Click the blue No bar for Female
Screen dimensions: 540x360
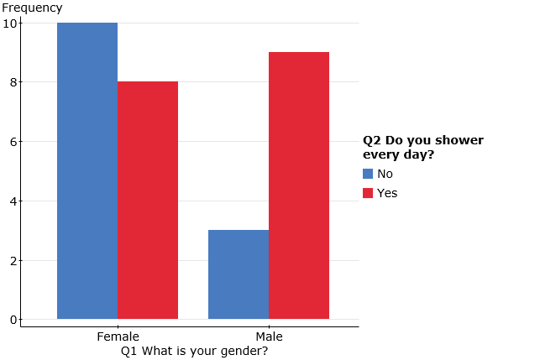(87, 170)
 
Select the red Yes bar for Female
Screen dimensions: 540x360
(148, 201)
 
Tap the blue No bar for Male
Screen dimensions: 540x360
(239, 274)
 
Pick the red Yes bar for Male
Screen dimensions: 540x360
(299, 185)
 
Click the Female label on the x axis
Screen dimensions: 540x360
(118, 337)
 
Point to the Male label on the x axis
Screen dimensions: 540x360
(270, 337)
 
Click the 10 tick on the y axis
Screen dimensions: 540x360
(9, 23)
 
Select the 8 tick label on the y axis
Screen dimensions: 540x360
(13, 82)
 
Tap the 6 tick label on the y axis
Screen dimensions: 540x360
(13, 142)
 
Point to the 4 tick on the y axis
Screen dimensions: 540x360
(13, 201)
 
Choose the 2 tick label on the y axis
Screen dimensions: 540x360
(13, 261)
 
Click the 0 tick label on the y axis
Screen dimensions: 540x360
(13, 320)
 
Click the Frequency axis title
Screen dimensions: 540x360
(32, 8)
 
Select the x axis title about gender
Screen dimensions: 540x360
(194, 351)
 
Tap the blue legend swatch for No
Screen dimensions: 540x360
(368, 174)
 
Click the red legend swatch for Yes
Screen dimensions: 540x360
(368, 193)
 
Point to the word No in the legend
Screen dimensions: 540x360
(385, 174)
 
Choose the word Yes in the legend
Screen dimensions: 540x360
(387, 193)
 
